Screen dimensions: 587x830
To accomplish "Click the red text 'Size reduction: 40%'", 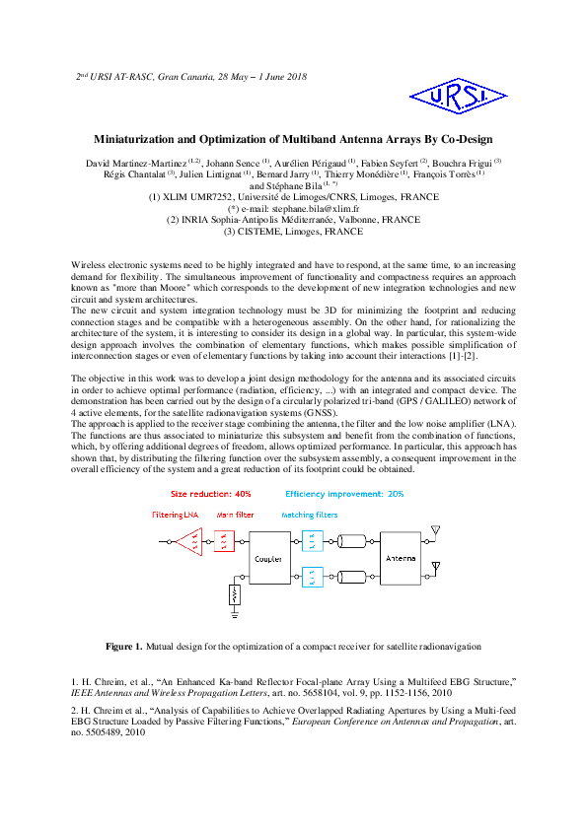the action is pos(211,493).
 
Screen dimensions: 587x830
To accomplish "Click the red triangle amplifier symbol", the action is pos(193,542).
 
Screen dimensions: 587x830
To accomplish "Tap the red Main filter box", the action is pos(225,542).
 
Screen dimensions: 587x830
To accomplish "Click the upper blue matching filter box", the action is pos(308,541).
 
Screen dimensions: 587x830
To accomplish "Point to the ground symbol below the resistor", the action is pos(234,613).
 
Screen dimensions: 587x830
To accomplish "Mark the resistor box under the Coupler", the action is pos(234,594).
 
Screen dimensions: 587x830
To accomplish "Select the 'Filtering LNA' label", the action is pos(176,516).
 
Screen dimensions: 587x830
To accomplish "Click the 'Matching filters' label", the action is pos(309,516).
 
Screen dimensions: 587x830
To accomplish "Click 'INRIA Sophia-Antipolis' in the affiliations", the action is pos(260,221).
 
